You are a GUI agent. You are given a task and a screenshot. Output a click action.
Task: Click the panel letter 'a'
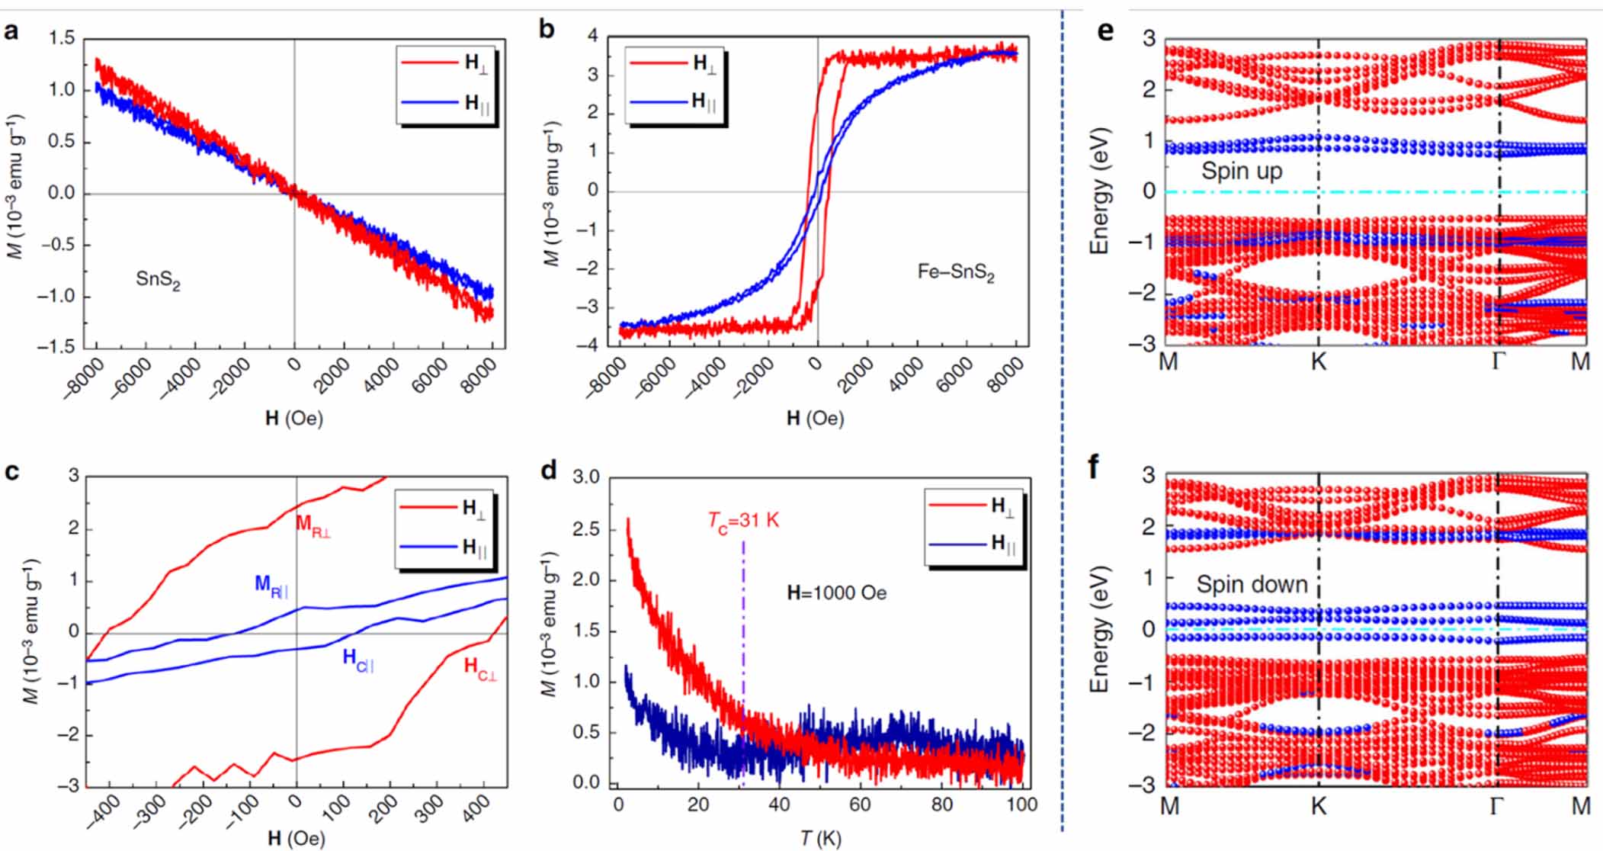(x=11, y=31)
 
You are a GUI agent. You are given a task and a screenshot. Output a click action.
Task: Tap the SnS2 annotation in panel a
(x=158, y=280)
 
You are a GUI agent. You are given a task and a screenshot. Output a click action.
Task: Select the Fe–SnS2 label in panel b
(x=956, y=272)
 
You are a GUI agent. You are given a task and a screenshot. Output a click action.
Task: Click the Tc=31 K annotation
(x=743, y=521)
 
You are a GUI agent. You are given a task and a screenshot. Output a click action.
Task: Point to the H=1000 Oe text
(x=837, y=592)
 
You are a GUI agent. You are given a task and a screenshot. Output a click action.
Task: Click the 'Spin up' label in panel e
(x=1241, y=171)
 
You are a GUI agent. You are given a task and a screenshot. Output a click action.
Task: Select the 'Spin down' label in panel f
(x=1252, y=585)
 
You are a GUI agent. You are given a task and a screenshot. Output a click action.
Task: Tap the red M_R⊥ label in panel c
(x=313, y=526)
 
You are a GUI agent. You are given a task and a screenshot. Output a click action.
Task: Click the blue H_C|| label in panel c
(x=358, y=660)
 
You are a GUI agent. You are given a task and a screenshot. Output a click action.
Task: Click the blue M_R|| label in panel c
(x=271, y=586)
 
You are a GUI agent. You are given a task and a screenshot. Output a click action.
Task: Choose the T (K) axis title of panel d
(x=821, y=839)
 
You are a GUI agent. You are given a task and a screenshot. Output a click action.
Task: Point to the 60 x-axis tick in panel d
(x=860, y=804)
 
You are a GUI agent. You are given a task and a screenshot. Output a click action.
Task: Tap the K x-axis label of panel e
(x=1319, y=361)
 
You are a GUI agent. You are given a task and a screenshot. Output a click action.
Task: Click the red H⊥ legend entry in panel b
(x=675, y=63)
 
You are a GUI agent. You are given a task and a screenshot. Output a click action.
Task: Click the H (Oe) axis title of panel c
(x=296, y=839)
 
